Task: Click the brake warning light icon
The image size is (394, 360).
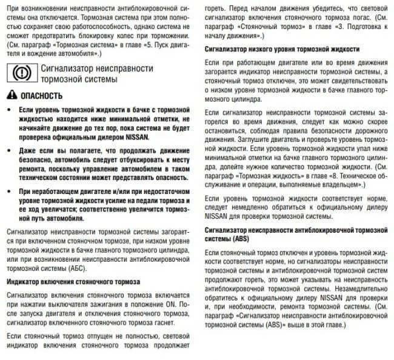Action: [21, 73]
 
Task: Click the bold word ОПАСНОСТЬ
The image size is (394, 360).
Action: [41, 96]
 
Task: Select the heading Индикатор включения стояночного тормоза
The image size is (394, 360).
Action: [73, 282]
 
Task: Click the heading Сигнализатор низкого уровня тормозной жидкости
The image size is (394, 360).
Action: [282, 48]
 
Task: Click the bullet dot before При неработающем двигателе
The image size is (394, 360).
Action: [8, 191]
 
